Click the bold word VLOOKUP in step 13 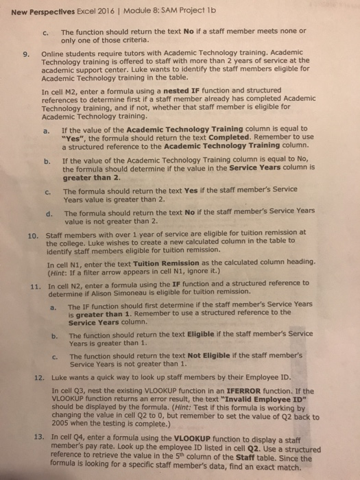coord(200,437)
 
